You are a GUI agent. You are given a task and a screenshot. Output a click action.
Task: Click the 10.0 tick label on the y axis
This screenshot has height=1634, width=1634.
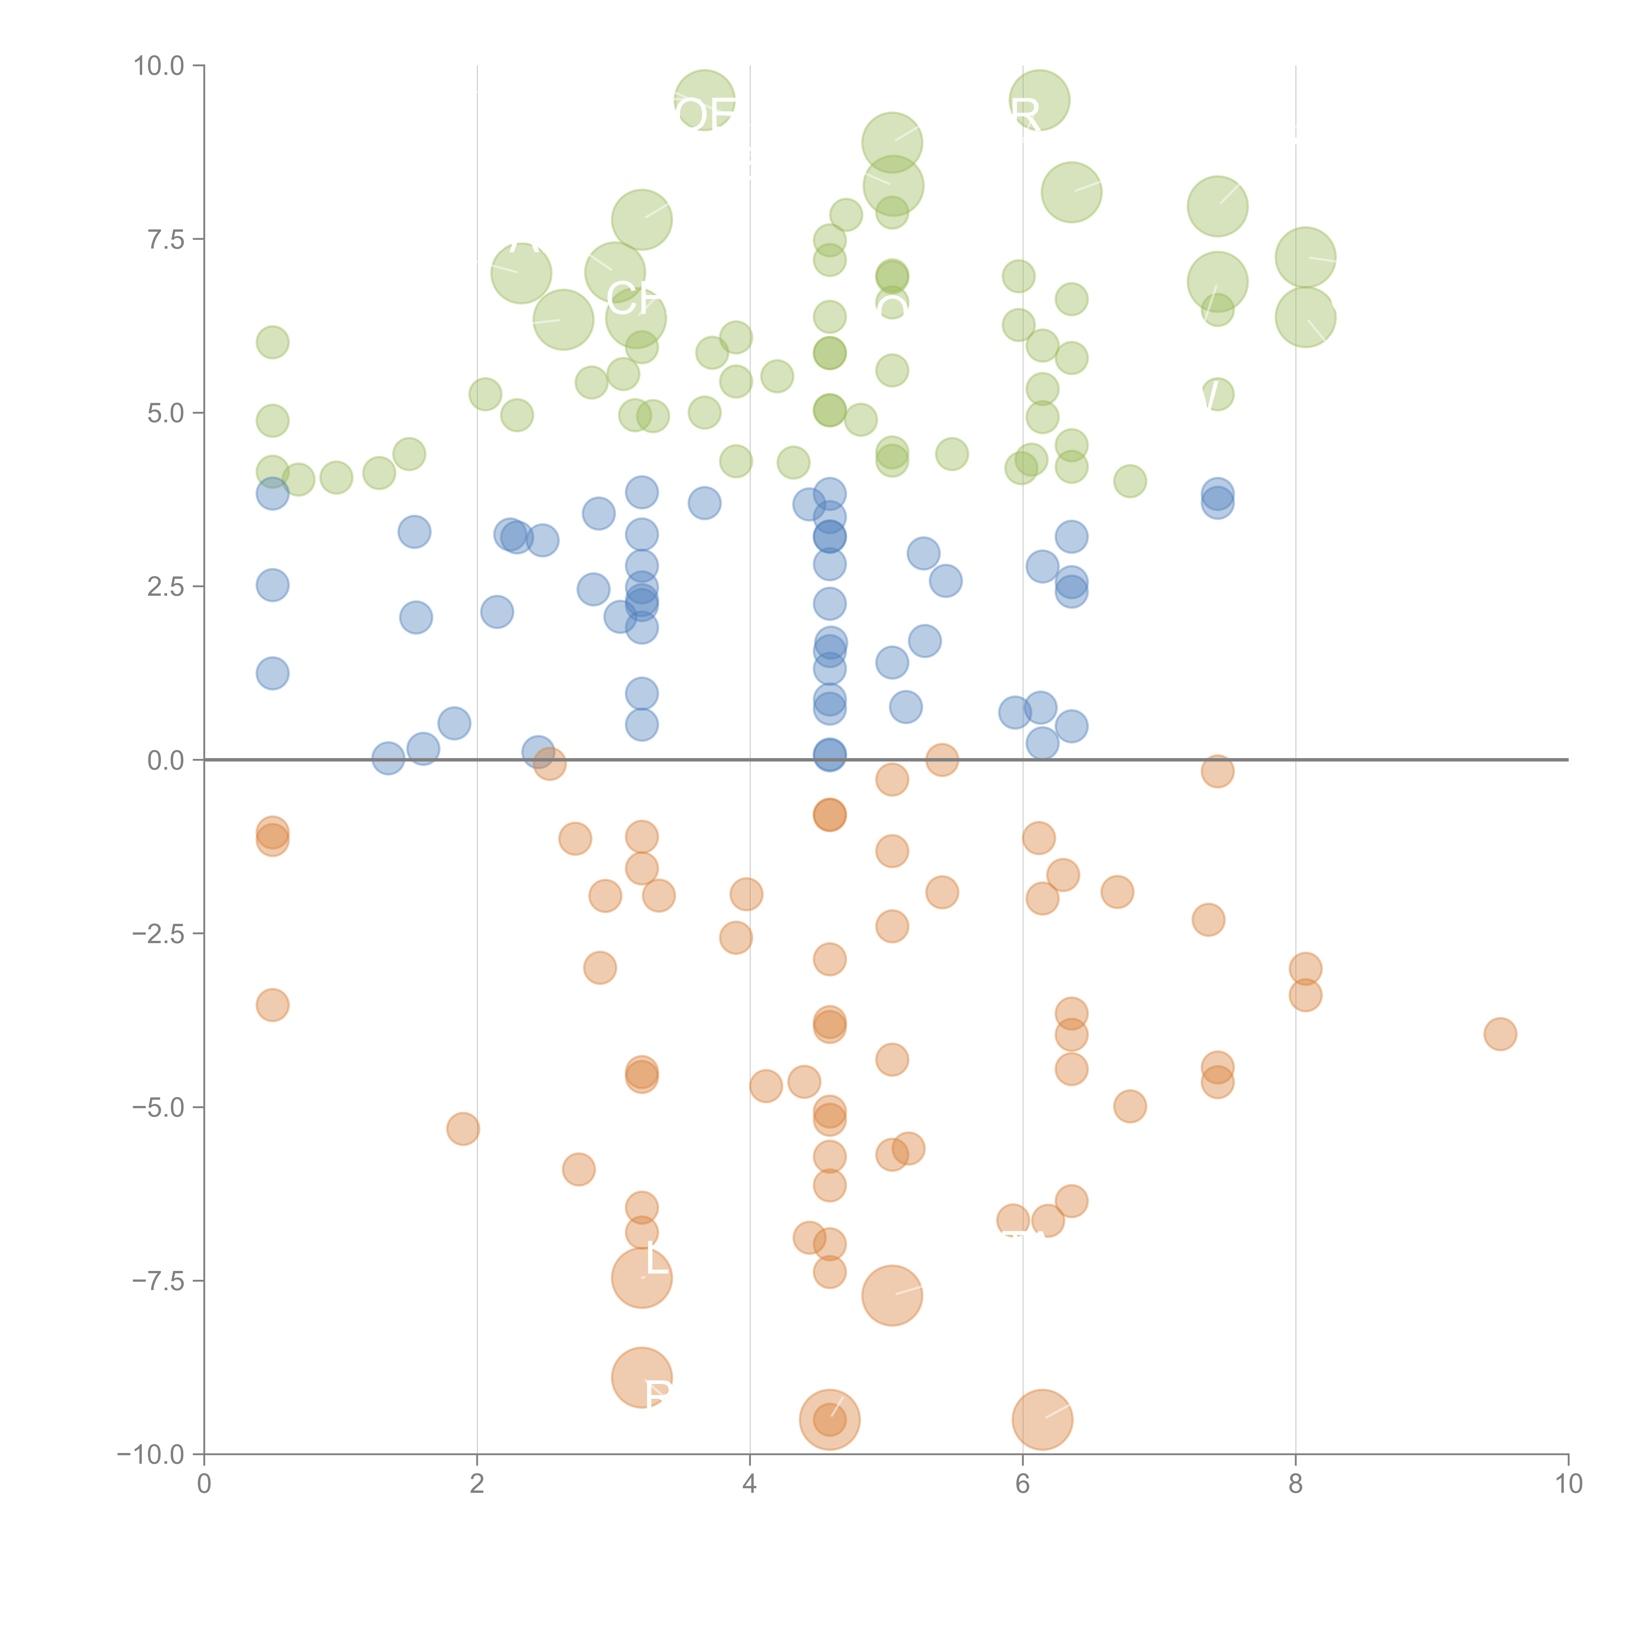(x=158, y=66)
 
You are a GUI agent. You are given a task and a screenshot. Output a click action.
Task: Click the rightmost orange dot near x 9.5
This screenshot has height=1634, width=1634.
(x=1500, y=1034)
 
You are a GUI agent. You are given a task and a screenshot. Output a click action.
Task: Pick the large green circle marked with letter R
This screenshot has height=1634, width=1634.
(x=1040, y=101)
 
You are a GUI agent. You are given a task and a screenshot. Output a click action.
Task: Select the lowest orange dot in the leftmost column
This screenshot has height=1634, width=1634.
(x=272, y=1005)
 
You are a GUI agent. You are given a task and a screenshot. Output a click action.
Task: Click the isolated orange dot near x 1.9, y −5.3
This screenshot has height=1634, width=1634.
(x=463, y=1128)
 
